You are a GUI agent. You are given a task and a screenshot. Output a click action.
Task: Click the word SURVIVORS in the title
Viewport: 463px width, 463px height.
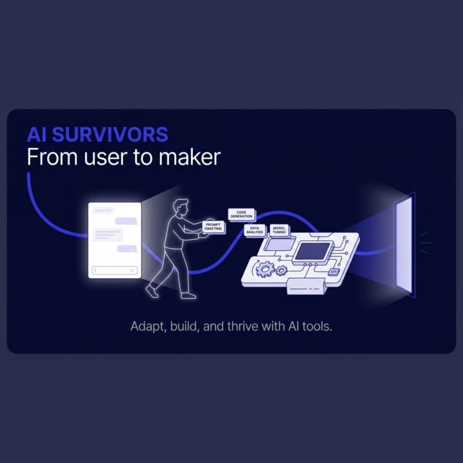tap(110, 134)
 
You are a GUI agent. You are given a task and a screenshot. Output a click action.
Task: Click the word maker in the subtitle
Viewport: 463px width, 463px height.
tap(190, 157)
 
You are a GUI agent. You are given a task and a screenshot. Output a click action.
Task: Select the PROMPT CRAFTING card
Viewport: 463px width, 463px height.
tap(213, 227)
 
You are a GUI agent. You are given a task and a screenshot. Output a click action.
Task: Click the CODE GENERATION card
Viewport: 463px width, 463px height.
tap(242, 214)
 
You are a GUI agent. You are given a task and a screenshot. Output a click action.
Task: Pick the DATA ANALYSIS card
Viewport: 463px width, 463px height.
tap(255, 230)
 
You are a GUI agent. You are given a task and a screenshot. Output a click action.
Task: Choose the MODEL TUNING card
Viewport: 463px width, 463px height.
tap(279, 230)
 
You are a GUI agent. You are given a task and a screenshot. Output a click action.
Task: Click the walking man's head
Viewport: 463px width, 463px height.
tap(181, 208)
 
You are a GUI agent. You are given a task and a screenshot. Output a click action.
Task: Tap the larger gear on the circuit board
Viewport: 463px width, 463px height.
tap(264, 269)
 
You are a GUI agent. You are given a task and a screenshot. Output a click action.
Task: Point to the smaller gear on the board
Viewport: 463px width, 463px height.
tap(281, 270)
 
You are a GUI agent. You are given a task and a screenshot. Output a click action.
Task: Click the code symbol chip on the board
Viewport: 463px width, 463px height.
tap(334, 271)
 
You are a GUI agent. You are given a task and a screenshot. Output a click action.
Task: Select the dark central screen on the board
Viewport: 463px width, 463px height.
tap(313, 251)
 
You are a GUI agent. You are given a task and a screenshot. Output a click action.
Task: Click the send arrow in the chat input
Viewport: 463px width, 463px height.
tap(133, 270)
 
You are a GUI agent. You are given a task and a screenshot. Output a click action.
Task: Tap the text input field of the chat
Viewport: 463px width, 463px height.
tap(114, 270)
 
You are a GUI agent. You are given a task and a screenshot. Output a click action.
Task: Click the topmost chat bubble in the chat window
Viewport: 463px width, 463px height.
tap(103, 210)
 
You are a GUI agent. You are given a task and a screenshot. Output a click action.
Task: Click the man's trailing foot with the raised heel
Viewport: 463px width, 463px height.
tap(152, 291)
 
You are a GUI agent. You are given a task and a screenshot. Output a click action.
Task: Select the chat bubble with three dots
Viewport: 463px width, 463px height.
tap(127, 249)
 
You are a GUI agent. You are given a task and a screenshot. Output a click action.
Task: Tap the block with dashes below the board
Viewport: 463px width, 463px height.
tap(306, 286)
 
